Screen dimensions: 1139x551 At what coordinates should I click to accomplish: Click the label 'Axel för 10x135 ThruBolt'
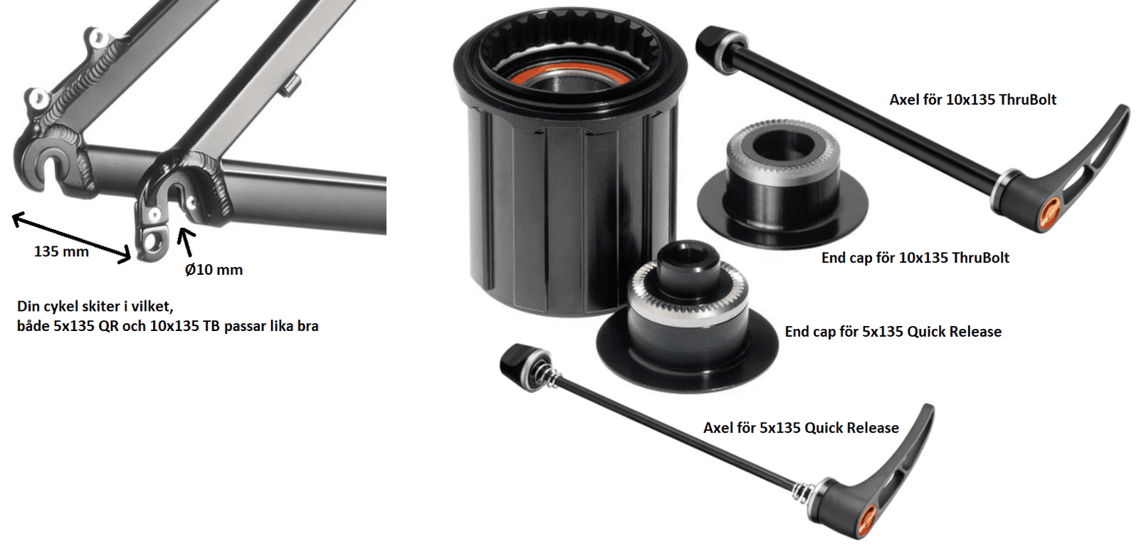pyautogui.click(x=972, y=100)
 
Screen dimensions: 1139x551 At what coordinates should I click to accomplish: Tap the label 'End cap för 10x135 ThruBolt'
pyautogui.click(x=915, y=258)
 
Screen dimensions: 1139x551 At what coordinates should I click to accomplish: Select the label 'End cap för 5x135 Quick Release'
pyautogui.click(x=893, y=332)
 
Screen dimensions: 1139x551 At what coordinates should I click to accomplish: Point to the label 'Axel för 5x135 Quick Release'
pyautogui.click(x=801, y=427)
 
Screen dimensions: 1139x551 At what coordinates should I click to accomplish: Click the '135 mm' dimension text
pyautogui.click(x=61, y=251)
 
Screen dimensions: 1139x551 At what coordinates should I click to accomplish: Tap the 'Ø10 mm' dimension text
pyautogui.click(x=214, y=269)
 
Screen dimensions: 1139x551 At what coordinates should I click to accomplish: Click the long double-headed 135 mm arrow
pyautogui.click(x=71, y=238)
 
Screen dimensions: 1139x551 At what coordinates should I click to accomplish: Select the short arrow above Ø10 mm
pyautogui.click(x=187, y=243)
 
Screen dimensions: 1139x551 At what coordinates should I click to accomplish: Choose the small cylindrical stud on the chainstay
pyautogui.click(x=292, y=85)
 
